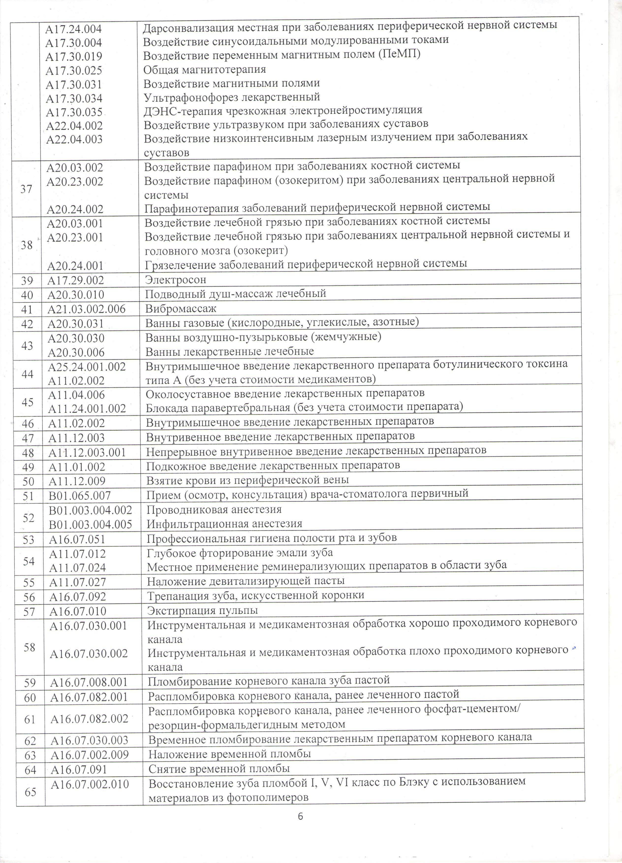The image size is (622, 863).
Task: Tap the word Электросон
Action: pyautogui.click(x=175, y=280)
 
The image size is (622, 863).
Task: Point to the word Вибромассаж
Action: pyautogui.click(x=181, y=309)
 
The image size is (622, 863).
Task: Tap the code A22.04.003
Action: pyautogui.click(x=75, y=139)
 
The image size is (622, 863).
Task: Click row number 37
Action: pyautogui.click(x=26, y=189)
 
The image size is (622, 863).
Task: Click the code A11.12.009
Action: pyautogui.click(x=77, y=481)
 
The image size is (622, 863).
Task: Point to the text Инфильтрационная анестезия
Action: pyautogui.click(x=224, y=524)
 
